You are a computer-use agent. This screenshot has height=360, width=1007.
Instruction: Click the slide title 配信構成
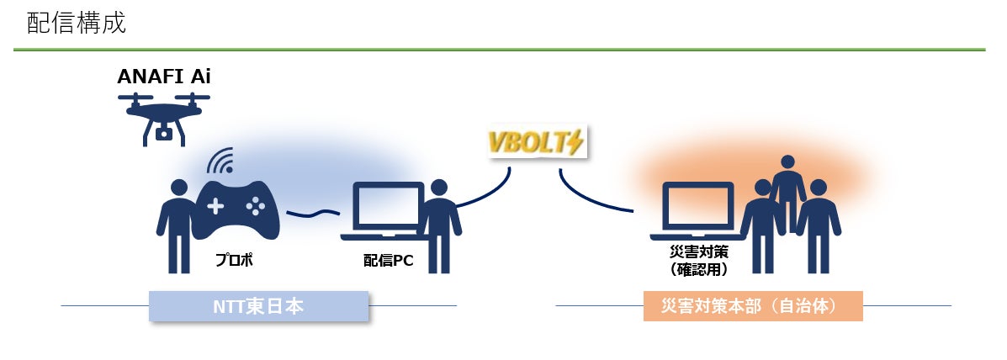pos(77,23)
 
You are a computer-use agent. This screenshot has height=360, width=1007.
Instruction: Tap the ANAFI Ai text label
pos(164,77)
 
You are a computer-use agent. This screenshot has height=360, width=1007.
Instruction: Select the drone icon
pos(164,114)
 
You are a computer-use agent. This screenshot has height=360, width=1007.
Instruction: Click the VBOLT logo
pos(535,144)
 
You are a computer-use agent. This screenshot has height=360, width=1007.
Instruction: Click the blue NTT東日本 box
pos(259,306)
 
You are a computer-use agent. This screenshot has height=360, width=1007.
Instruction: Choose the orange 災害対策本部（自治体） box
pos(753,306)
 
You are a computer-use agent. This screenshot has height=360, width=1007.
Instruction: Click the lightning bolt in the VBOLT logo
pos(575,144)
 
